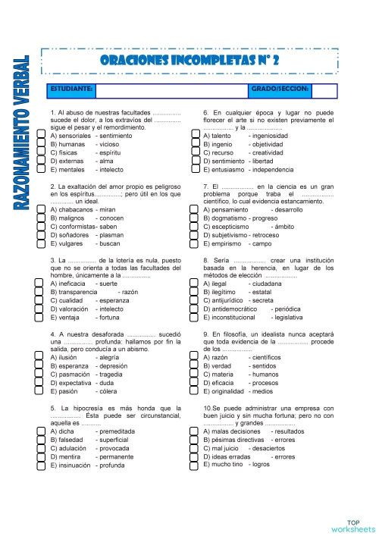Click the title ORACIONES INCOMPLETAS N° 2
pyautogui.click(x=189, y=60)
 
